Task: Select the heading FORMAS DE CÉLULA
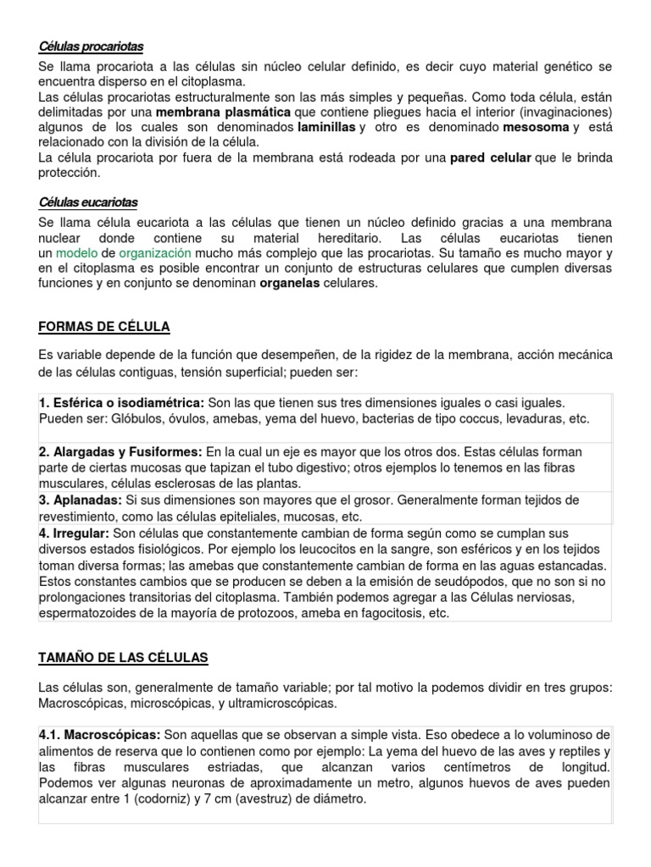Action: coord(104,326)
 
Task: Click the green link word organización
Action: coord(154,253)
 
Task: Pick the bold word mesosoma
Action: coord(537,127)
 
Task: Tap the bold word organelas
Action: coord(289,284)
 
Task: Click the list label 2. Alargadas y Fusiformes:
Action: coord(120,453)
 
